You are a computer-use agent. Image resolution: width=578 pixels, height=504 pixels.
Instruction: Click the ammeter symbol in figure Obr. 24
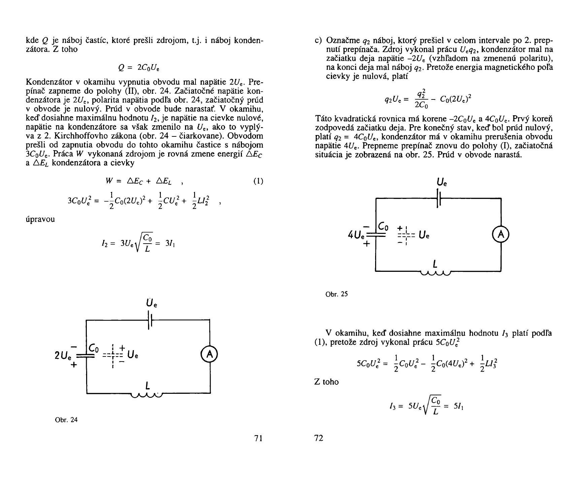pyautogui.click(x=210, y=355)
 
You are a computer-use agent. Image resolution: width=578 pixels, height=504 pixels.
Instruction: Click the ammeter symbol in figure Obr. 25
pyautogui.click(x=501, y=235)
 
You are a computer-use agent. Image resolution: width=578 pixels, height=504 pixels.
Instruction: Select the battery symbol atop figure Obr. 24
pyautogui.click(x=150, y=320)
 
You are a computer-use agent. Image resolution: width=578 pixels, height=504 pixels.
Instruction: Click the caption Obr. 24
pyautogui.click(x=66, y=420)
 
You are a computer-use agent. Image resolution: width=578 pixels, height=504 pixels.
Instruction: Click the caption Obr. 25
pyautogui.click(x=336, y=294)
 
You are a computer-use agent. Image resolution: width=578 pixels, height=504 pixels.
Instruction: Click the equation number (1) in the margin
pyautogui.click(x=258, y=181)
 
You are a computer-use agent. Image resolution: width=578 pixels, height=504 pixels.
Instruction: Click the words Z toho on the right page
pyautogui.click(x=326, y=382)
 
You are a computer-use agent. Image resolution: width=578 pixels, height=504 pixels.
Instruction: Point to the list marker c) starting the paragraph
pyautogui.click(x=319, y=41)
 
